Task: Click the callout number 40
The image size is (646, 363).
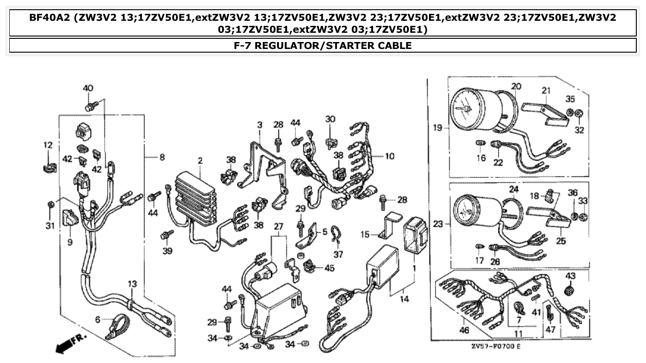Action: [x=88, y=88]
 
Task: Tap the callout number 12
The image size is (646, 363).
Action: [x=48, y=145]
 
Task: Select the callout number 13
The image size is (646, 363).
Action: [x=133, y=284]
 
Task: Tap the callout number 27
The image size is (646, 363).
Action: [x=278, y=226]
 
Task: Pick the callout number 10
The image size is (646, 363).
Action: [x=390, y=157]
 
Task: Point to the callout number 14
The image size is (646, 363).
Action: [x=405, y=299]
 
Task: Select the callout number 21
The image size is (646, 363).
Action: [x=546, y=90]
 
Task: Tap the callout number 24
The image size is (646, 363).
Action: [x=514, y=189]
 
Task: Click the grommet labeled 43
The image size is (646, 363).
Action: [x=571, y=291]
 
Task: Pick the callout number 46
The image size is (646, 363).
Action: [x=465, y=330]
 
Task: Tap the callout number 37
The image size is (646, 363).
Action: [x=339, y=254]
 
